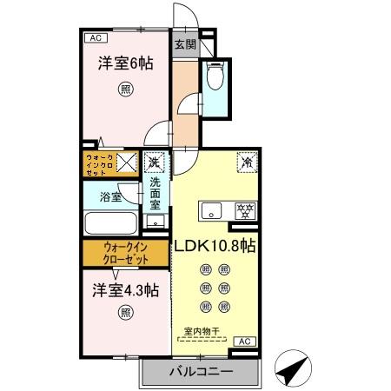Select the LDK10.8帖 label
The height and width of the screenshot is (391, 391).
pos(215,246)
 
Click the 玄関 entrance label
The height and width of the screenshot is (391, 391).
pos(183,44)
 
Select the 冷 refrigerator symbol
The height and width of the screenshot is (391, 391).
pos(246,162)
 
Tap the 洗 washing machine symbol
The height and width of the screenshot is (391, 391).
pos(155,162)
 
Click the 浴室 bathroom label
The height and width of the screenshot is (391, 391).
pos(109,197)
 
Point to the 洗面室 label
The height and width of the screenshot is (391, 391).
pos(155,195)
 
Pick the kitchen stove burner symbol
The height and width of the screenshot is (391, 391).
pos(246,210)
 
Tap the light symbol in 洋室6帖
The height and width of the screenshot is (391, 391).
pos(127,88)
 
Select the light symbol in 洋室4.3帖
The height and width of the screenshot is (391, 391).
pos(127,313)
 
